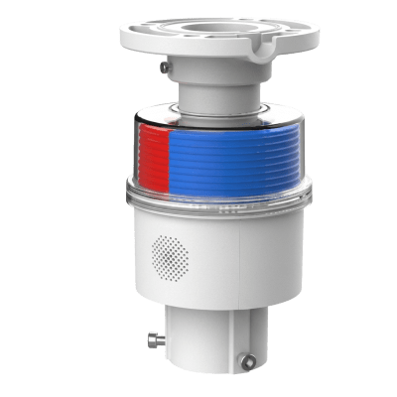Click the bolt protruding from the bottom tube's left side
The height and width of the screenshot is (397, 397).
[x=151, y=342]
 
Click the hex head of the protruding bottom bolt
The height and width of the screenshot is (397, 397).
[x=145, y=343]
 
